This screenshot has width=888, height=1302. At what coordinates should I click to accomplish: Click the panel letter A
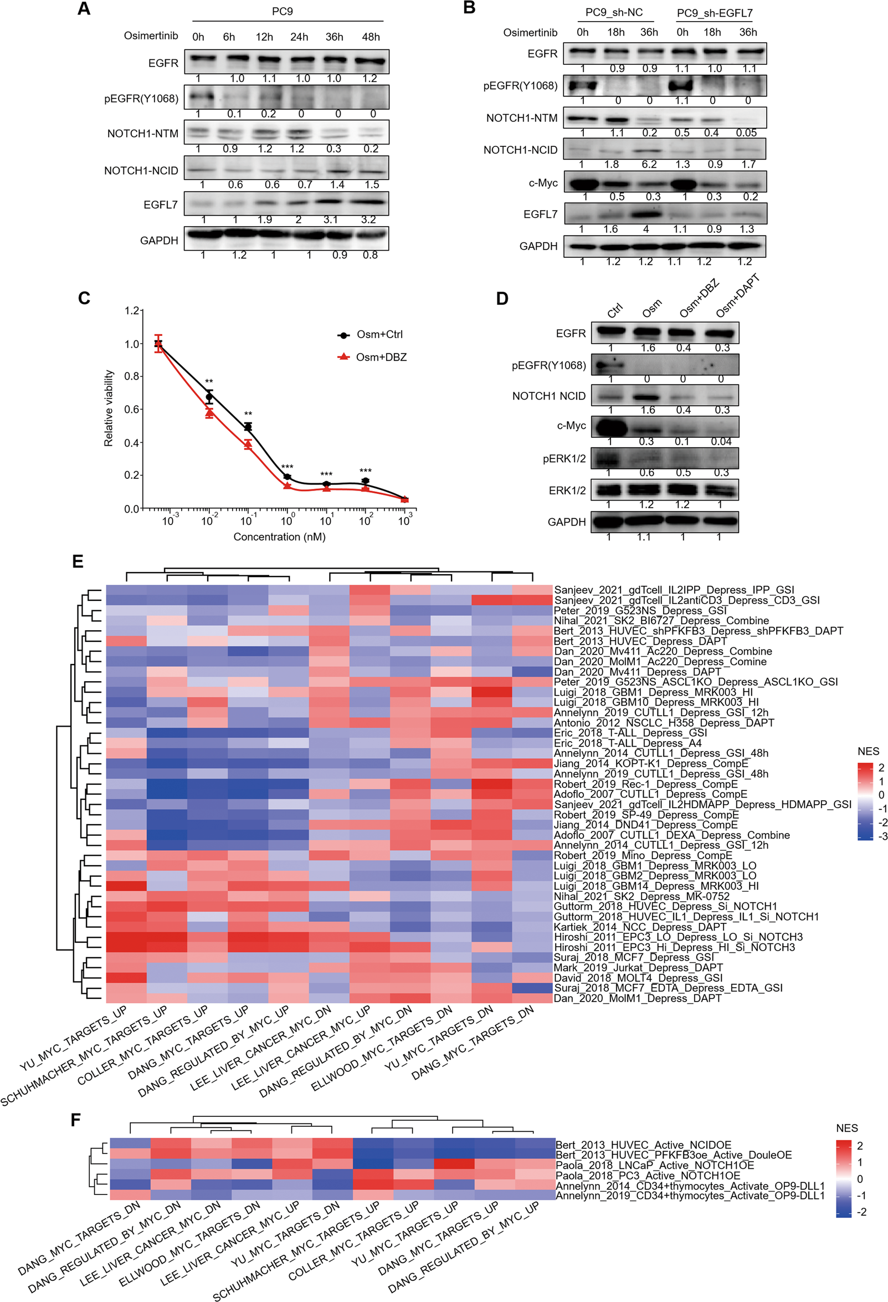click(84, 9)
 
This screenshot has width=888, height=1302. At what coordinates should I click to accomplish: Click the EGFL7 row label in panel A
click(160, 205)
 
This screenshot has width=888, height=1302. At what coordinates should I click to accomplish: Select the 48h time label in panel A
click(371, 37)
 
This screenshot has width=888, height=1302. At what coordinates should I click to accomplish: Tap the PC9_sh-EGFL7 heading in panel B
click(715, 13)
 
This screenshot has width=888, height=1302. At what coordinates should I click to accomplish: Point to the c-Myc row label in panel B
click(543, 183)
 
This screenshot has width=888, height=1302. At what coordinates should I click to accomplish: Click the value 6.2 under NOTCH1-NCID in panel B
click(649, 164)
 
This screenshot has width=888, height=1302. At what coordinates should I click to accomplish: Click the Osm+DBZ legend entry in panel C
click(381, 357)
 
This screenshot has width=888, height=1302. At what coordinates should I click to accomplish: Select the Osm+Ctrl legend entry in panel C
click(379, 334)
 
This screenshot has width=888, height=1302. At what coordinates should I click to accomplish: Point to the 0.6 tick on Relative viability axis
click(132, 410)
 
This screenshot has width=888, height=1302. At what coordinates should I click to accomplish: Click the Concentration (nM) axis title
click(279, 537)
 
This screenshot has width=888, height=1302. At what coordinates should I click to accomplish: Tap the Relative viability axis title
click(109, 408)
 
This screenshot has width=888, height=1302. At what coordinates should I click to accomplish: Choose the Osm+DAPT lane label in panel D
click(737, 296)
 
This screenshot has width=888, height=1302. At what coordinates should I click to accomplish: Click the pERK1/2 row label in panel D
click(564, 459)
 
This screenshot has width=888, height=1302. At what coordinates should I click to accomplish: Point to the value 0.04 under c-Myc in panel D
click(721, 441)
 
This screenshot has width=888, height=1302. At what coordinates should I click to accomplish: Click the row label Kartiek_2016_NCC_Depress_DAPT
click(639, 927)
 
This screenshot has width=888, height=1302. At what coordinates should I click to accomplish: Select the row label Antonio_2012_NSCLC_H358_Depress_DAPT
click(664, 723)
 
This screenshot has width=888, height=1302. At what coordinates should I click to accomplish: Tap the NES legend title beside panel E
click(868, 751)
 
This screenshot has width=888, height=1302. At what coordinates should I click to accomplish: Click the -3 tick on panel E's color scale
click(882, 837)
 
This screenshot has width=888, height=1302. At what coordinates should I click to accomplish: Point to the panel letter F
click(76, 1120)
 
